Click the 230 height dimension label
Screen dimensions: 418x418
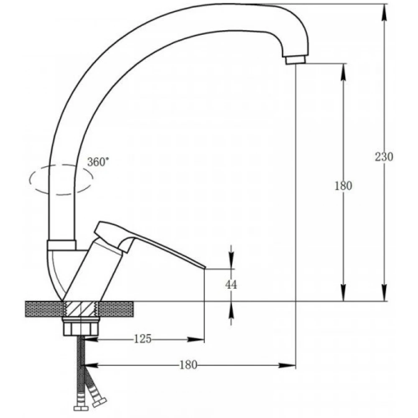pyautogui.click(x=384, y=157)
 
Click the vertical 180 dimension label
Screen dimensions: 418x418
pyautogui.click(x=343, y=186)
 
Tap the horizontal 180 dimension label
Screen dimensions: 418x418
pyautogui.click(x=188, y=365)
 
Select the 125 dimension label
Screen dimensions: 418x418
pyautogui.click(x=143, y=339)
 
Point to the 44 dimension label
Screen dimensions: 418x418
pyautogui.click(x=231, y=285)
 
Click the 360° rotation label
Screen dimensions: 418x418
pyautogui.click(x=98, y=162)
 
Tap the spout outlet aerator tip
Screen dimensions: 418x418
pyautogui.click(x=296, y=60)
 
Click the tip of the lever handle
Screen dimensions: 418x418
pyautogui.click(x=205, y=268)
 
